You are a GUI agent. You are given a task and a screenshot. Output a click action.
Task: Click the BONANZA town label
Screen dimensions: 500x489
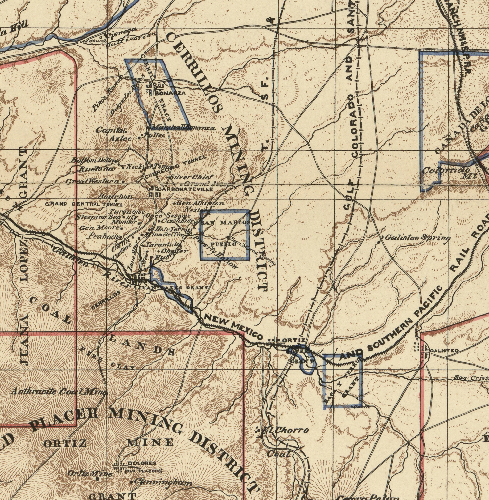click(x=170, y=93)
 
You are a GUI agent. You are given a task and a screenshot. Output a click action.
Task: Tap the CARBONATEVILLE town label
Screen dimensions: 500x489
click(x=187, y=189)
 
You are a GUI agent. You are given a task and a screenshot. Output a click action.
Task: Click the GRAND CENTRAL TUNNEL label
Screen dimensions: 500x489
click(x=84, y=204)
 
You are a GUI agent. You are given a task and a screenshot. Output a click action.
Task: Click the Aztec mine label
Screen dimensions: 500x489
click(x=121, y=139)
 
